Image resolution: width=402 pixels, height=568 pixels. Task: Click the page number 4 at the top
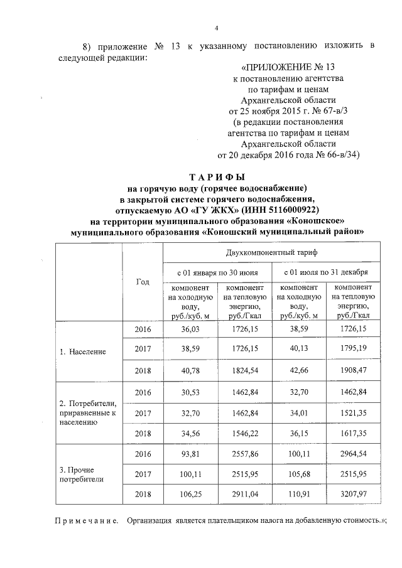[216, 28]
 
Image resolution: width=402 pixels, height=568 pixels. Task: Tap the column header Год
[142, 282]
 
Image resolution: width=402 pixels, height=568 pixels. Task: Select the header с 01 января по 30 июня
[217, 272]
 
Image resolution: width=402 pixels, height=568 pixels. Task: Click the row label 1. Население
[83, 351]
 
